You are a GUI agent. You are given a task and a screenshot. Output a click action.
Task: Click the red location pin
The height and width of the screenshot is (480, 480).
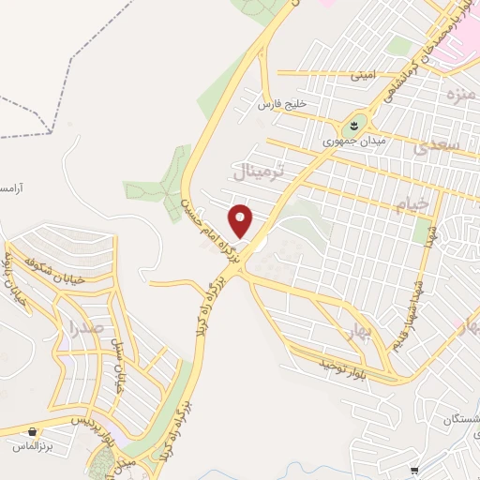pos(242,221)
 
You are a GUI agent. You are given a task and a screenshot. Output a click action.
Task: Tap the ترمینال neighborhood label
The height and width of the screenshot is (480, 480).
pos(263,172)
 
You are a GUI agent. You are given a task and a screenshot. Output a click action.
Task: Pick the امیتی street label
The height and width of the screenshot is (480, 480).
pos(361,72)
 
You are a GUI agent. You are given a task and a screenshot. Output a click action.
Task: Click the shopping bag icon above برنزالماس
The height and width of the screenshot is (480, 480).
pos(34,432)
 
